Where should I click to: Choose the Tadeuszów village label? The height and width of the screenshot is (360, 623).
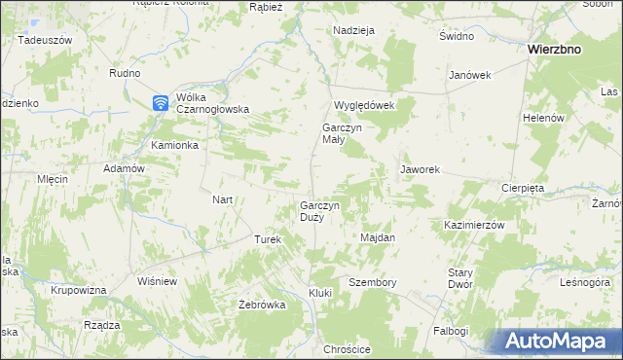tap(45, 40)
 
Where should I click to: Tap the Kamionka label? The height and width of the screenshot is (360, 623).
tap(174, 145)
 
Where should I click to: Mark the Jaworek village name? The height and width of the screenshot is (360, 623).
tap(421, 169)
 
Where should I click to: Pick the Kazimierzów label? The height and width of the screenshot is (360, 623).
tap(474, 225)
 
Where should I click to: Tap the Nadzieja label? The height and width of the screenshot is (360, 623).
tap(353, 30)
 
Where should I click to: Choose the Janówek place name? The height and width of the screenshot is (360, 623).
tap(469, 76)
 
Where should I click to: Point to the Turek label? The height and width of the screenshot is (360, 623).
tap(268, 239)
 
